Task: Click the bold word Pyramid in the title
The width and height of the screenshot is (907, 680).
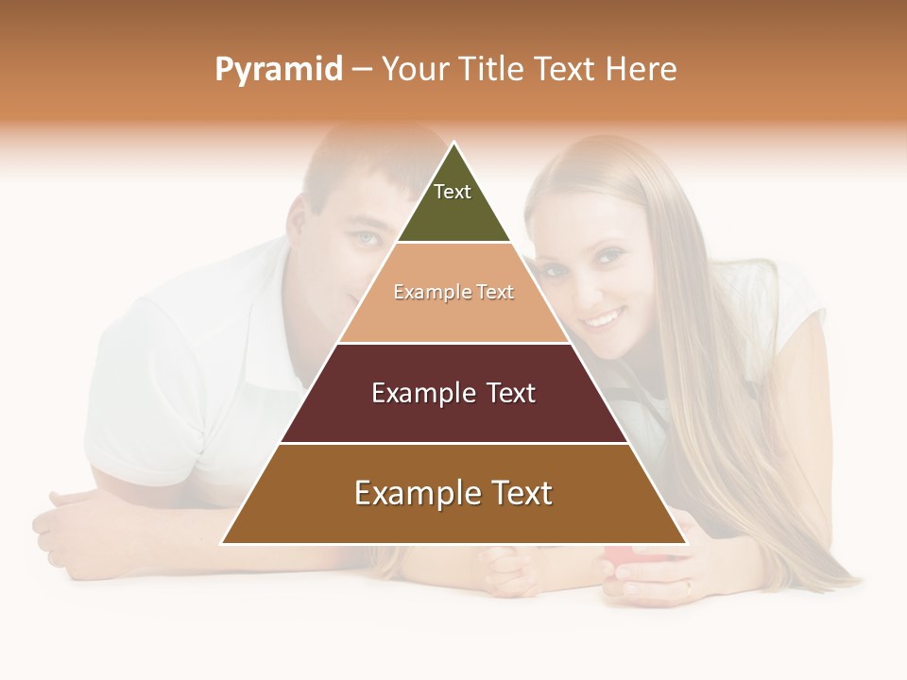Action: [x=278, y=70]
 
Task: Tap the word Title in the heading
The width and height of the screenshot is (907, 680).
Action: [x=493, y=69]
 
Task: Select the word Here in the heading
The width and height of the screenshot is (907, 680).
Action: [x=641, y=69]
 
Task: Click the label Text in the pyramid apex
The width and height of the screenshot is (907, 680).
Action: [x=453, y=192]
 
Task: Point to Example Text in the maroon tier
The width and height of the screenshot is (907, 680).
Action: [x=453, y=393]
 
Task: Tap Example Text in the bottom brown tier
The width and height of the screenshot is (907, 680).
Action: [x=453, y=493]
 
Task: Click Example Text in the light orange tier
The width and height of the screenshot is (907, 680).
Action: [x=453, y=292]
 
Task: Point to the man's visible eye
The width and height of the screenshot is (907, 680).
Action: [x=367, y=237]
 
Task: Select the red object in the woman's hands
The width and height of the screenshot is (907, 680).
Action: [x=618, y=558]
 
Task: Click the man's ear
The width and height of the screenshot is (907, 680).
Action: [x=299, y=219]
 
